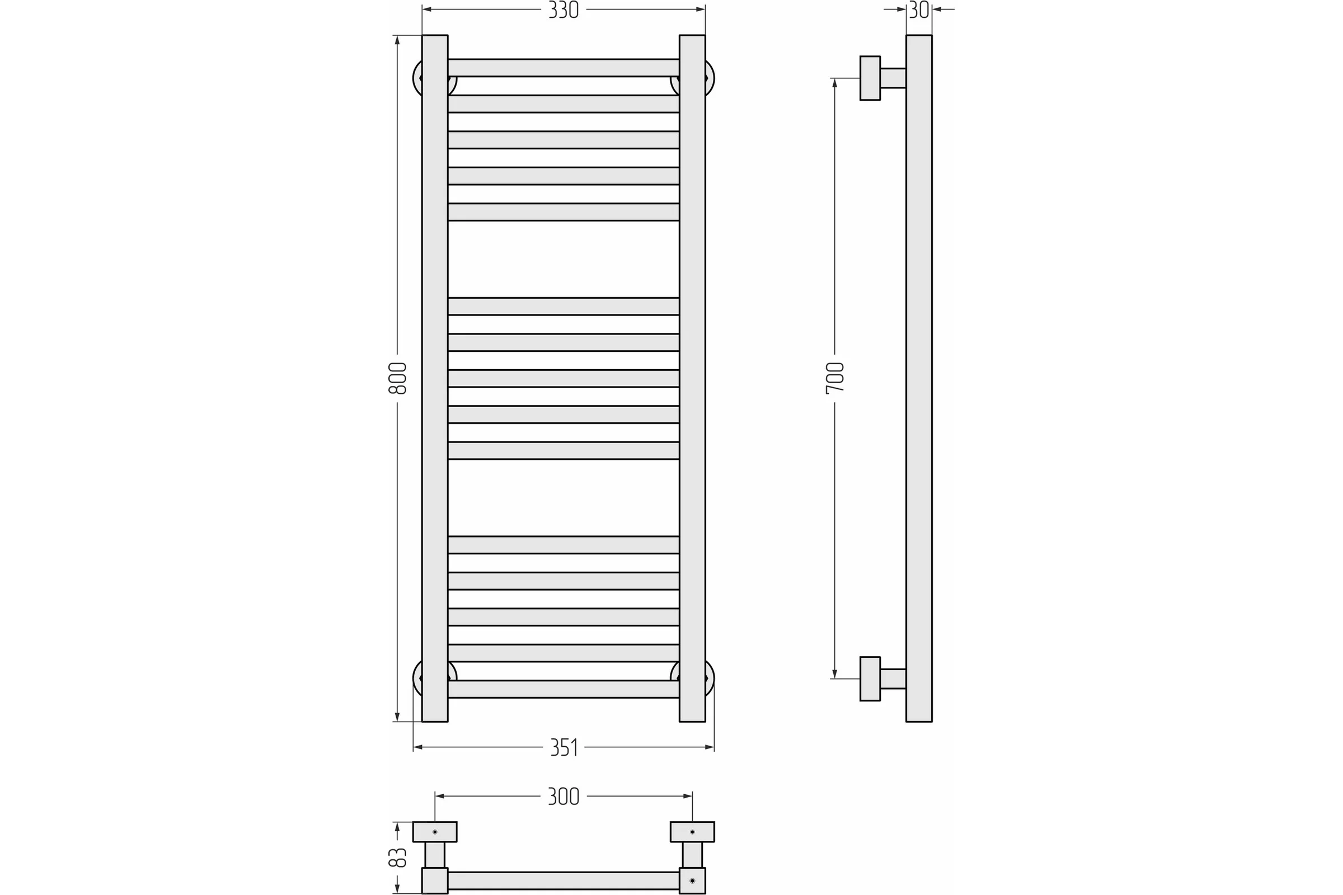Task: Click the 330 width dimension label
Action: pyautogui.click(x=563, y=10)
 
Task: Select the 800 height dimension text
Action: pyautogui.click(x=397, y=378)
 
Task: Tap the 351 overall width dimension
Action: pyautogui.click(x=564, y=747)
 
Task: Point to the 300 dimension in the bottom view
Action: pyautogui.click(x=564, y=796)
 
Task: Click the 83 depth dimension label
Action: pyautogui.click(x=397, y=858)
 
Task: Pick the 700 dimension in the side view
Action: pyautogui.click(x=835, y=378)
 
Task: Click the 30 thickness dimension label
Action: pyautogui.click(x=919, y=10)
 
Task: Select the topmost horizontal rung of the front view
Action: pyautogui.click(x=564, y=68)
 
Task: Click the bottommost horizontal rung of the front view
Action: pyautogui.click(x=564, y=689)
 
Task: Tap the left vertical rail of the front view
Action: pyautogui.click(x=435, y=379)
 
